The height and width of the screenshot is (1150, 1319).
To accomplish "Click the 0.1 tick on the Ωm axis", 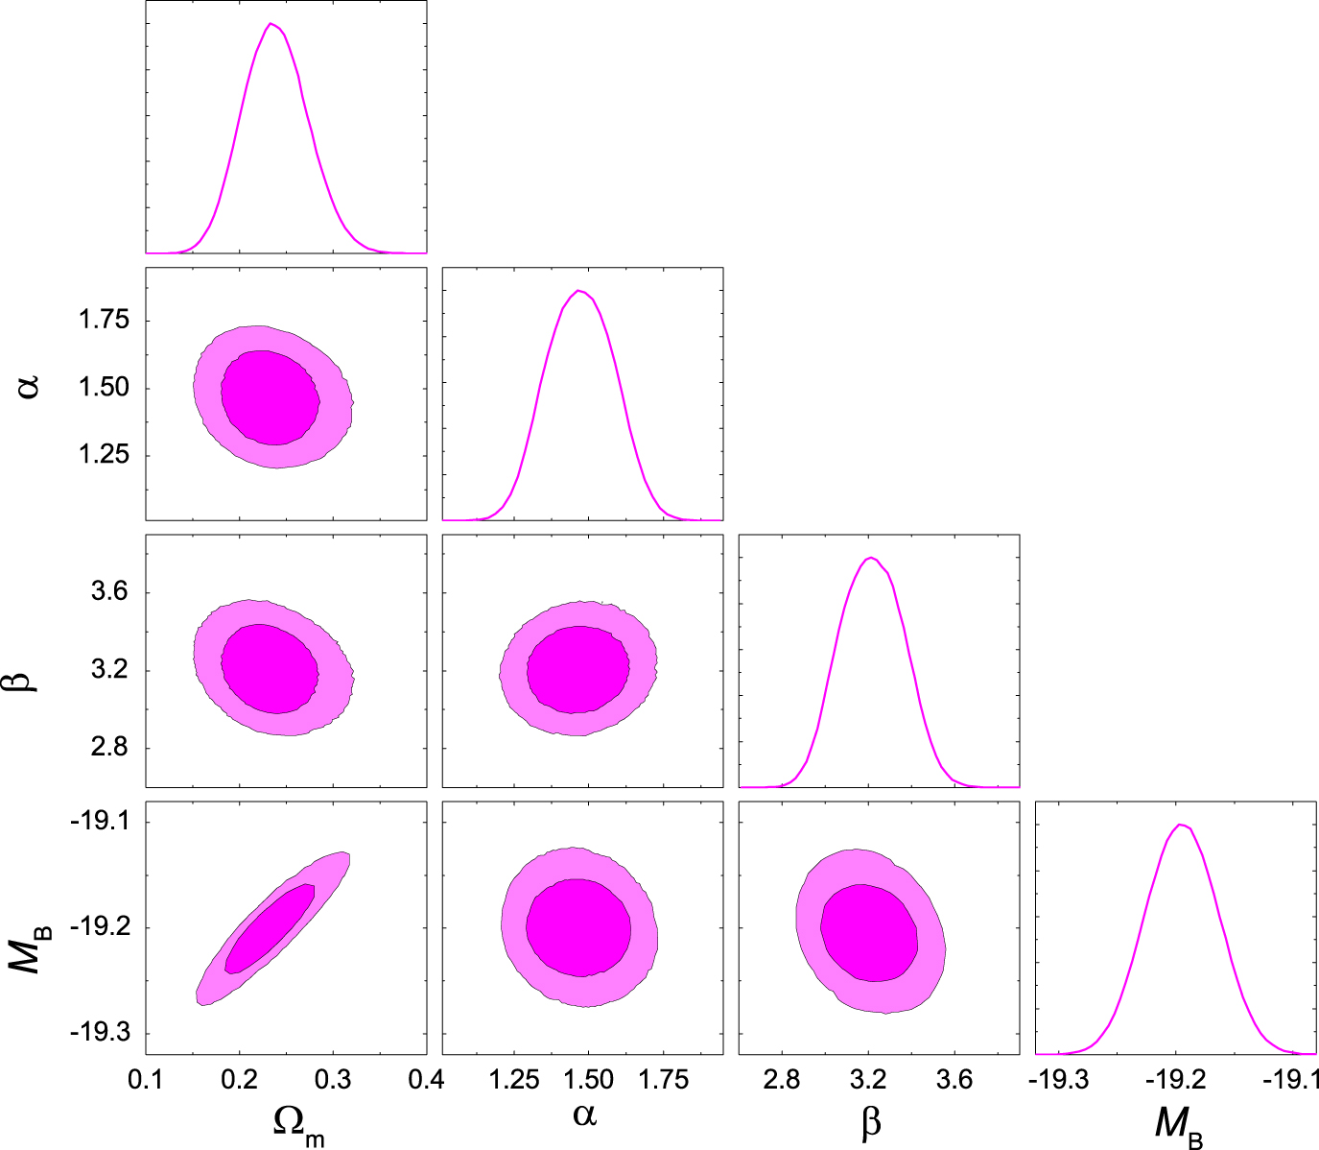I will [146, 1080].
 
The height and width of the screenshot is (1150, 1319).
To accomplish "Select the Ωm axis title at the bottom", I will [297, 1123].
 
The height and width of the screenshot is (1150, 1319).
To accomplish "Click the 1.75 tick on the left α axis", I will [104, 321].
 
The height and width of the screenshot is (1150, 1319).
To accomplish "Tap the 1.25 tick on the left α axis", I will [104, 455].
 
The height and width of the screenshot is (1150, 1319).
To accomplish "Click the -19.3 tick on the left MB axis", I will [101, 1034].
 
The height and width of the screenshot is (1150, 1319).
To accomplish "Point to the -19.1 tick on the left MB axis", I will [101, 823].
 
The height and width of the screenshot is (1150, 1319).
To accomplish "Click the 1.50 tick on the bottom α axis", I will [588, 1080].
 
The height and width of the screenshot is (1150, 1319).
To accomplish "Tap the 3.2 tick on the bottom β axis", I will [868, 1080].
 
